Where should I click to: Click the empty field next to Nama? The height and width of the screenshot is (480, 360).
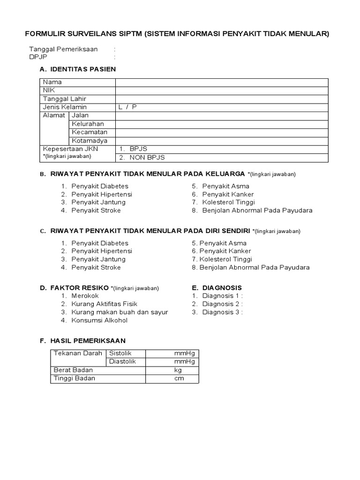[x=222, y=82]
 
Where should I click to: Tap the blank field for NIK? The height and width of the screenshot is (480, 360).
[x=222, y=90]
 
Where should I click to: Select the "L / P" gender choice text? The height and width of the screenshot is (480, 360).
[x=127, y=107]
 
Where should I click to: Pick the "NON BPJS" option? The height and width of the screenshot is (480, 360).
[x=138, y=157]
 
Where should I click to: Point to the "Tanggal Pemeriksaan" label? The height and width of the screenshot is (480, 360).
[x=63, y=49]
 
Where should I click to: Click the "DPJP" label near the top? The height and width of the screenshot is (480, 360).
[x=38, y=57]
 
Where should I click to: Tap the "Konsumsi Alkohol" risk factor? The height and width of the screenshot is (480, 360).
[x=99, y=321]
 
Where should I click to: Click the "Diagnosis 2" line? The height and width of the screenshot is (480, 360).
[x=222, y=304]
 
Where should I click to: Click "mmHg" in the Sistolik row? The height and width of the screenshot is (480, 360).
[x=184, y=353]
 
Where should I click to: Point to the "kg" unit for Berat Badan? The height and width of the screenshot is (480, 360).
[x=178, y=370]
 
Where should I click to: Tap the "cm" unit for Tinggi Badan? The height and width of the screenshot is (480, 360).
[x=179, y=379]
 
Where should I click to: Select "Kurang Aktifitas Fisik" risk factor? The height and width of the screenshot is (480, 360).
[x=105, y=304]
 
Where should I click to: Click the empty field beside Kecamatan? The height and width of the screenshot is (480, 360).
[x=222, y=132]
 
